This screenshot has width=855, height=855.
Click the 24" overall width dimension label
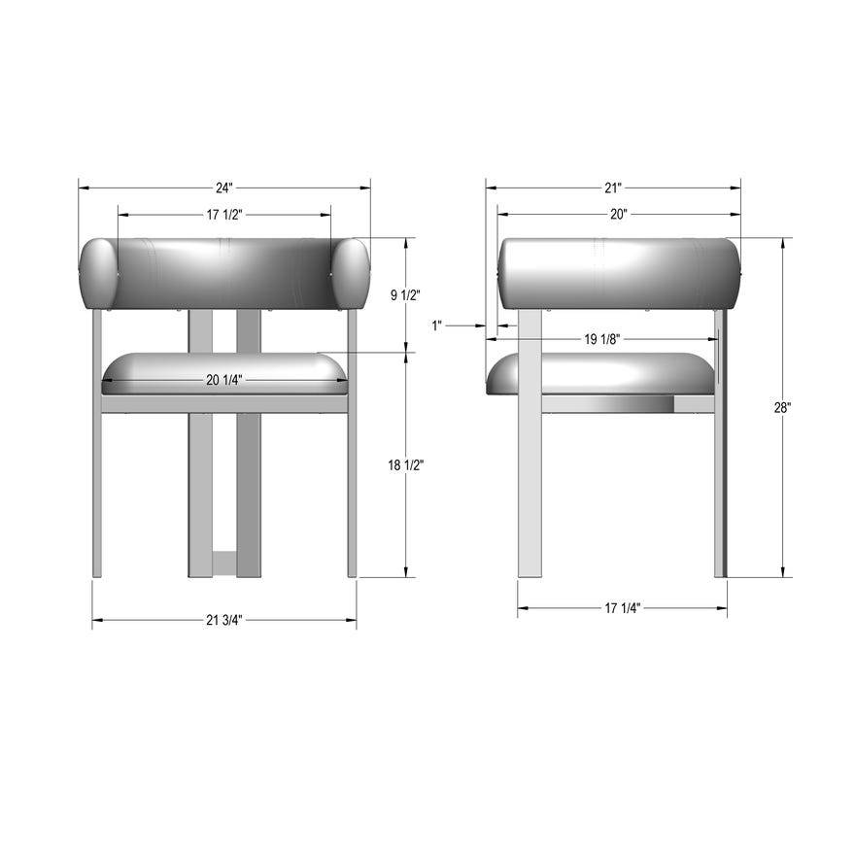[224, 187]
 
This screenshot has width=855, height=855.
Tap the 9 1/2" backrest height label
[406, 295]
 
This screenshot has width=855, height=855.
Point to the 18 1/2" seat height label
[406, 465]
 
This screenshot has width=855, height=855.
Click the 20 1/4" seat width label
[224, 380]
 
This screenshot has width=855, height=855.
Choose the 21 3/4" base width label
[224, 620]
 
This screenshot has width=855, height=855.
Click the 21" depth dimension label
[613, 187]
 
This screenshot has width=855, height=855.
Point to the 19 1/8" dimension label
[602, 339]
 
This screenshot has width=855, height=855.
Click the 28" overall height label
[782, 408]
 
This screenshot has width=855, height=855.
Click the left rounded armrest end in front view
[98, 273]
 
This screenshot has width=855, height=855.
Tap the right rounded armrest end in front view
[351, 273]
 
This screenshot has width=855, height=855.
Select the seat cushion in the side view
[600, 373]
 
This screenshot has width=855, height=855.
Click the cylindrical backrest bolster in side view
[619, 273]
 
